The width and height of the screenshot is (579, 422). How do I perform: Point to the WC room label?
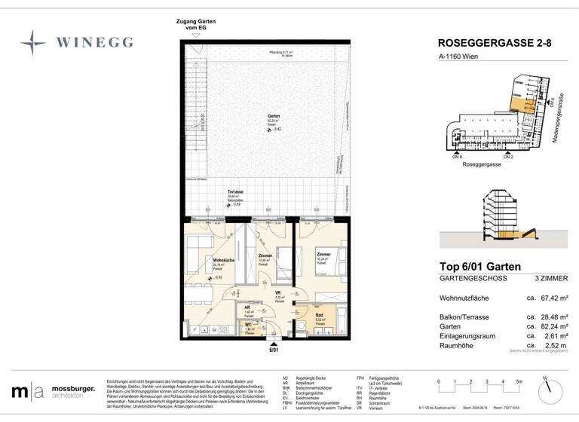click(x=248, y=325)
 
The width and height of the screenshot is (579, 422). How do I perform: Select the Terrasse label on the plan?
click(x=236, y=193)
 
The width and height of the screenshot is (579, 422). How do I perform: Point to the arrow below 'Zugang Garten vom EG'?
click(x=197, y=35)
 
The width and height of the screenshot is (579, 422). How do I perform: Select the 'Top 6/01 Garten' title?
click(x=486, y=266)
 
